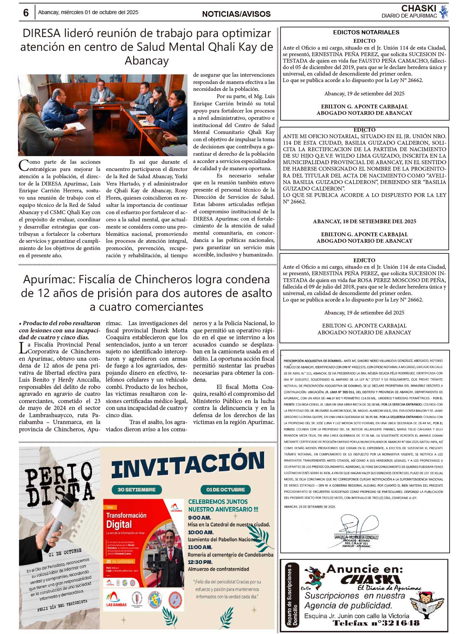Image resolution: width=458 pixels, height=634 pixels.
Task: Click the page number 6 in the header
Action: pos(26,13)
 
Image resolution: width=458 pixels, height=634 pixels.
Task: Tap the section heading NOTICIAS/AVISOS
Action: pos(236,14)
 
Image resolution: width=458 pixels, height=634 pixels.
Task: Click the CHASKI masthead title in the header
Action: pos(419,8)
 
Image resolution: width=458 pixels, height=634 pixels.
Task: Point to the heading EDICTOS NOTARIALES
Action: pos(366,32)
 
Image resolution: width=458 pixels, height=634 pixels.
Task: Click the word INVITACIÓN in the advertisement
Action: pos(188,465)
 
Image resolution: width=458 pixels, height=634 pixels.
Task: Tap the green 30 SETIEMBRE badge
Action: pos(137,490)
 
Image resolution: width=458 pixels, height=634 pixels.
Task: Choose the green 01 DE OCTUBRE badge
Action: pos(226,490)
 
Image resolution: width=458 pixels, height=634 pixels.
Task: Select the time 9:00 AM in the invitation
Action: pos(199,518)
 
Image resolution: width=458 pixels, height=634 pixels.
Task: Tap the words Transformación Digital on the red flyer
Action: pos(126,520)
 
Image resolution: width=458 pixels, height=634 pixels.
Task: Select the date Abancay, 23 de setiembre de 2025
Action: pos(310,507)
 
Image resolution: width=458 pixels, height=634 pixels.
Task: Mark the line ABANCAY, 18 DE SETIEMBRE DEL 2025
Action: pos(364,221)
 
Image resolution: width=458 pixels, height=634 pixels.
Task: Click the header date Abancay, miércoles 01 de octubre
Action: pos(88,13)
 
